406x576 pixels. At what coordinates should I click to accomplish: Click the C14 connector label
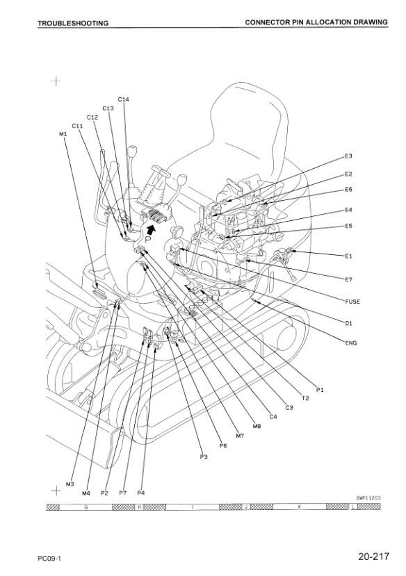pyautogui.click(x=124, y=99)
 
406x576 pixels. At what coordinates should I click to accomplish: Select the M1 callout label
pyautogui.click(x=63, y=134)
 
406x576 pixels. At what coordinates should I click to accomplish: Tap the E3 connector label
pyautogui.click(x=348, y=156)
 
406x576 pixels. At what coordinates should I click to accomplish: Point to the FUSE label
pyautogui.click(x=352, y=302)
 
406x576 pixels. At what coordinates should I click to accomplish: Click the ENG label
pyautogui.click(x=351, y=343)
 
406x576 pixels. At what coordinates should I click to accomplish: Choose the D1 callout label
pyautogui.click(x=348, y=323)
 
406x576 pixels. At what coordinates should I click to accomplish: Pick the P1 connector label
pyautogui.click(x=320, y=390)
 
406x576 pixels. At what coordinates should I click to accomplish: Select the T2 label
pyautogui.click(x=305, y=398)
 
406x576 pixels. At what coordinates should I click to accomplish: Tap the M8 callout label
pyautogui.click(x=257, y=427)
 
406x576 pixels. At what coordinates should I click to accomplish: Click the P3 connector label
pyautogui.click(x=204, y=457)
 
